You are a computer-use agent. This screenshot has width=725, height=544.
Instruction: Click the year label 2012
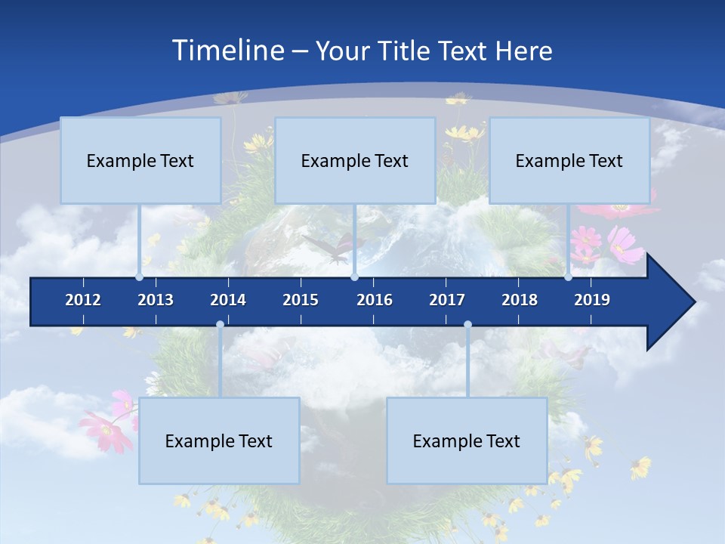[83, 300]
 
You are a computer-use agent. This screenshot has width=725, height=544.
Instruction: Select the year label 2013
[156, 300]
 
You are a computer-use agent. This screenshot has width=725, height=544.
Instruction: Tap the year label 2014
[228, 300]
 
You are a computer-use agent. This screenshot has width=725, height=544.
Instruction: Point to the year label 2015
[301, 300]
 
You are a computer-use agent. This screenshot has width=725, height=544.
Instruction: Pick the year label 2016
[375, 300]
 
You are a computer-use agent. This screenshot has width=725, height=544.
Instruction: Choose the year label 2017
[447, 300]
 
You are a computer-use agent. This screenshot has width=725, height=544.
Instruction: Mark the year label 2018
[520, 300]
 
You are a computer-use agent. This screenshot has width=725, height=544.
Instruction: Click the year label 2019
[592, 300]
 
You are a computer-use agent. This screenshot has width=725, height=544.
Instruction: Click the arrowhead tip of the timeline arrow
[693, 302]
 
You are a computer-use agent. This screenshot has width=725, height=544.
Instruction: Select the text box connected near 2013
[140, 160]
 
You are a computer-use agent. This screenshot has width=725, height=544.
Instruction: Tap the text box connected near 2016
[355, 160]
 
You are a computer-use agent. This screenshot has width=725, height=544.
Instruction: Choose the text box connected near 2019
[569, 160]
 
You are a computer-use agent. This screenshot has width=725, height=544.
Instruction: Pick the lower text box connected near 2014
[219, 440]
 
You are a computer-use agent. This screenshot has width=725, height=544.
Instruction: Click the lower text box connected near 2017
[467, 440]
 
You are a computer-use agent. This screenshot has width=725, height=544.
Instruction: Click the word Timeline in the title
[227, 51]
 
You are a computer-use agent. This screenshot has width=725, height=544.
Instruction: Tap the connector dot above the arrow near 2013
[140, 277]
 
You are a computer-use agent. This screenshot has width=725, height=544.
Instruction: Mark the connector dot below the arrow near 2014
[220, 325]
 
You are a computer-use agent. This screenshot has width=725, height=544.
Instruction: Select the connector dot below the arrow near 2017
[467, 325]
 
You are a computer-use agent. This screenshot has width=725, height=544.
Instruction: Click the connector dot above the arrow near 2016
[354, 277]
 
